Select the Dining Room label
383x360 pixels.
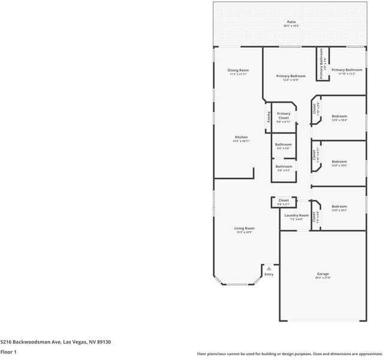click(238, 70)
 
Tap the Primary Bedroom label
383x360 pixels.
click(291, 76)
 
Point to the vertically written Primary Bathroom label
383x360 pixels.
click(321, 65)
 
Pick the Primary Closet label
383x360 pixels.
click(284, 115)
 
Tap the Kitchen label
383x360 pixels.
click(241, 137)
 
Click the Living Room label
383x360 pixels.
click(244, 228)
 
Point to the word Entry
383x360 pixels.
click(269, 274)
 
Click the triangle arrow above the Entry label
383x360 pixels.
click(269, 268)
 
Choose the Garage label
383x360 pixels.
click(323, 274)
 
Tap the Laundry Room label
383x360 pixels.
click(296, 215)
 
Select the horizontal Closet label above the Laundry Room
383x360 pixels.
click(284, 200)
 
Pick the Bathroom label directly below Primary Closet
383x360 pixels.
click(284, 144)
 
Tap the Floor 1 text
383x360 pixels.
click(8, 352)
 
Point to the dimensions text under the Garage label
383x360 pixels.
click(323, 278)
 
